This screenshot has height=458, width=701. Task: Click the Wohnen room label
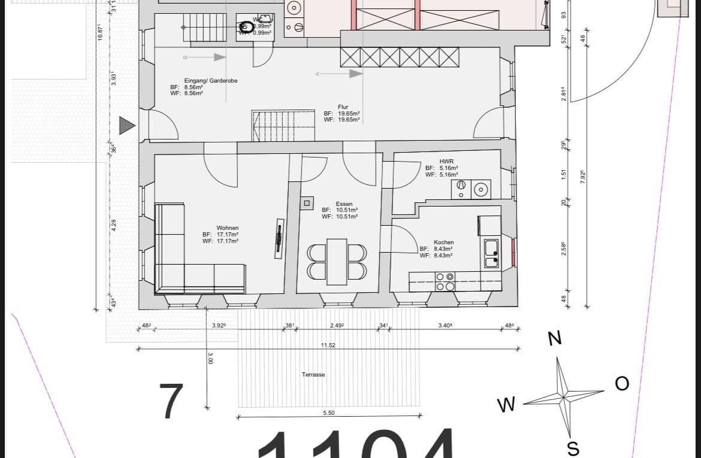point(228,228)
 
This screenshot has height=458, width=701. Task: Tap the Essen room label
point(344,204)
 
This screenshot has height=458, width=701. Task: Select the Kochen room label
point(443,242)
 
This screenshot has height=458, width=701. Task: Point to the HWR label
point(446,162)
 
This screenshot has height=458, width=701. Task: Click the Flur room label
point(343,107)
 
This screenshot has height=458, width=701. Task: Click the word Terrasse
point(313,374)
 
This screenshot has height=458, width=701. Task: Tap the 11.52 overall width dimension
point(328,345)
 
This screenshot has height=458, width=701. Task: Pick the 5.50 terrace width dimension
point(329,412)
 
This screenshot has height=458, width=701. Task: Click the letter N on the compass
point(555,339)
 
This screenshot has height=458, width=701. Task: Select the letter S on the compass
point(572,448)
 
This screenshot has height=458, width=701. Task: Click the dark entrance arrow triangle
point(126,125)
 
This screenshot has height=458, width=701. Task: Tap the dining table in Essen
point(337,262)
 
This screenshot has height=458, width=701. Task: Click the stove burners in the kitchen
point(445,281)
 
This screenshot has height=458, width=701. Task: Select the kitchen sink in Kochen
point(491,253)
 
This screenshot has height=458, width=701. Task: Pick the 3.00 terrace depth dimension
point(210,358)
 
